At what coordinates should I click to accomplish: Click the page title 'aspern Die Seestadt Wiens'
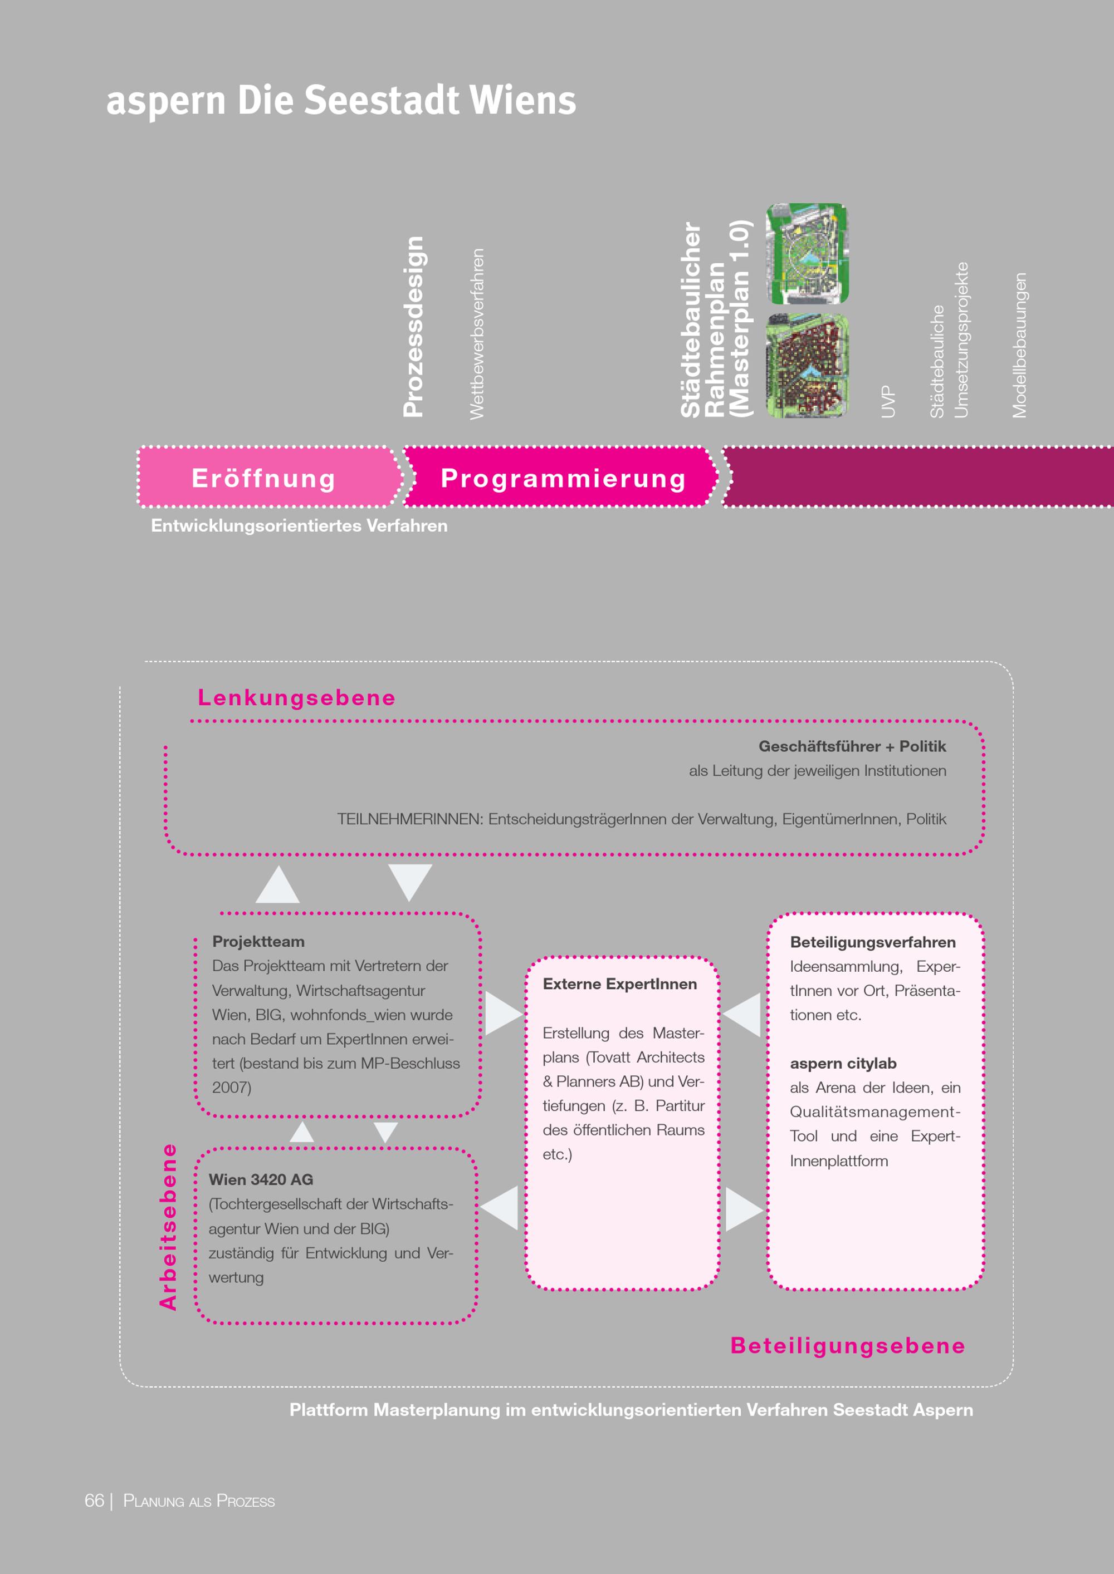(341, 100)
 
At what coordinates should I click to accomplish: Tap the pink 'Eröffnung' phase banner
(263, 478)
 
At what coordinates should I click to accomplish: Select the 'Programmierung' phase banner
(563, 478)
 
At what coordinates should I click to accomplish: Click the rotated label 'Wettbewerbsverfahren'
(477, 334)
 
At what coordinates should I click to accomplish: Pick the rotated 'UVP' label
(888, 401)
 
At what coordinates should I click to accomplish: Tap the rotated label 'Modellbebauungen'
(1019, 345)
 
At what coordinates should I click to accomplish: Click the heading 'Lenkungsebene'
(296, 697)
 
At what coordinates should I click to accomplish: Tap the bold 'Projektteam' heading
(258, 941)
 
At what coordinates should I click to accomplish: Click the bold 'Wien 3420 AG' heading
(261, 1179)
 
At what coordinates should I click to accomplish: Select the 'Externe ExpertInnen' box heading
(619, 984)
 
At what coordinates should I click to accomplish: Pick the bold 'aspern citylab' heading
(843, 1063)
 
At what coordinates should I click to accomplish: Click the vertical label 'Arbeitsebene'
(168, 1227)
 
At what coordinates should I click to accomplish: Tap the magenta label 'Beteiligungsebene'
(847, 1346)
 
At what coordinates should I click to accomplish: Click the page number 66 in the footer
(94, 1501)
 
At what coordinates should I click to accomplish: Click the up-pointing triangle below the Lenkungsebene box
(277, 886)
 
